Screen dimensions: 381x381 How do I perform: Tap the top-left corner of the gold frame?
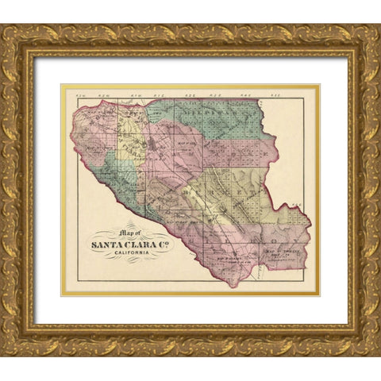click(3, 26)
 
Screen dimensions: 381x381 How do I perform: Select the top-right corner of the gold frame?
click(378, 26)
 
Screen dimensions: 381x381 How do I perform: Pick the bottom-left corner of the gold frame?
click(3, 354)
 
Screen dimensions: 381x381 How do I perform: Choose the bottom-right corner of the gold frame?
click(378, 354)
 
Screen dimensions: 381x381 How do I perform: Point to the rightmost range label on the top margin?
click(302, 96)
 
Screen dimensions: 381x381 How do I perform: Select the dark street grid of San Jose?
click(150, 146)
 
